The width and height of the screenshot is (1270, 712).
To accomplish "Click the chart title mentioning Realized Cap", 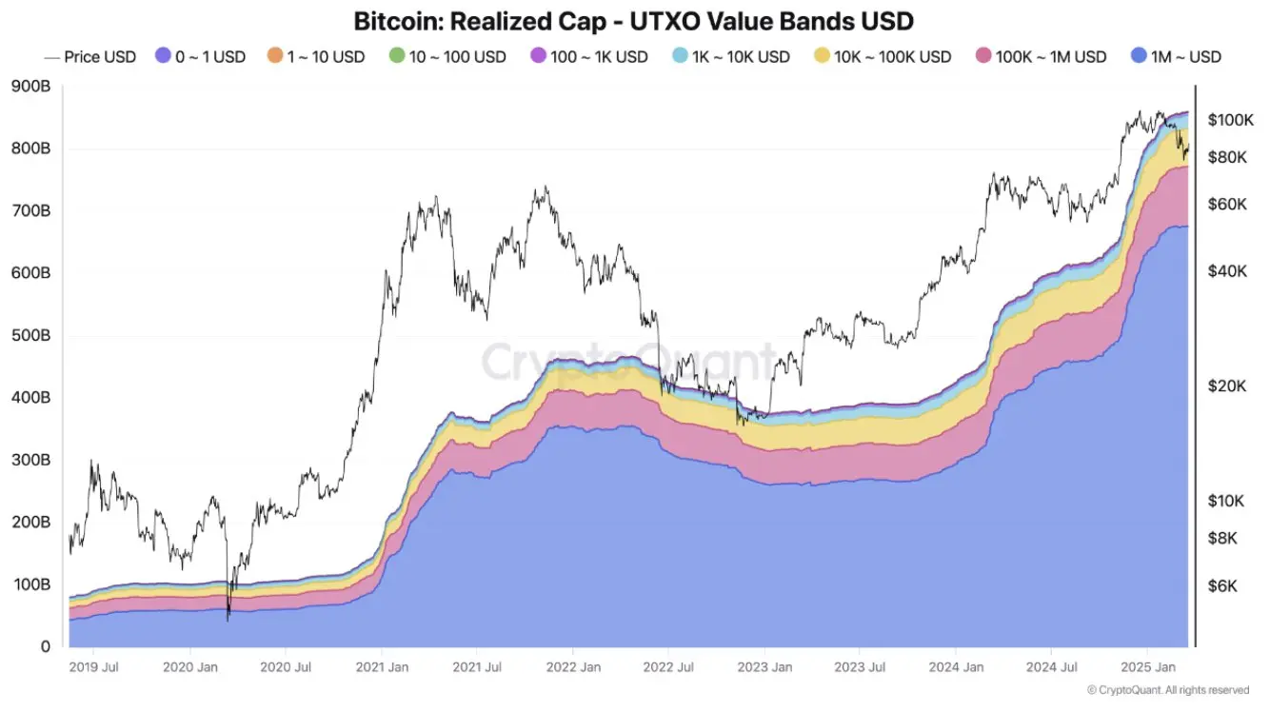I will [634, 20].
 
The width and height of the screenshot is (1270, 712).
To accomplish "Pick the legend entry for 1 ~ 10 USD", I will [316, 57].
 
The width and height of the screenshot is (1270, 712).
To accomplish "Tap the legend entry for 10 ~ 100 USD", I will [446, 57].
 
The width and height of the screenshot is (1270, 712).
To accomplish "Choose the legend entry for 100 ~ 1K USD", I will [588, 57].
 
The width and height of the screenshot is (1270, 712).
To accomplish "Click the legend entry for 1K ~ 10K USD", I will [730, 57].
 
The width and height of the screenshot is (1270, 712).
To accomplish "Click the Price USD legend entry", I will [90, 57].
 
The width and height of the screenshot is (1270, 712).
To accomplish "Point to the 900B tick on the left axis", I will [31, 87].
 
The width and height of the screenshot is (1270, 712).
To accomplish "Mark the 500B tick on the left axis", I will [31, 336].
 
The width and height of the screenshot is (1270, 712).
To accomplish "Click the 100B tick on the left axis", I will [31, 584].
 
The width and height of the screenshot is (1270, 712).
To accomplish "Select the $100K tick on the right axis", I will [1232, 120].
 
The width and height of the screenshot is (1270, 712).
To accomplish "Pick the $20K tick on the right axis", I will [1228, 386].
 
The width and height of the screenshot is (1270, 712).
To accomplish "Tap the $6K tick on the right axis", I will [1224, 587].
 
